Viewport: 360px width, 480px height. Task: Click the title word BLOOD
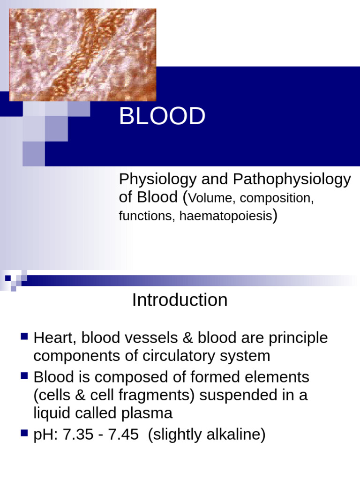point(162,117)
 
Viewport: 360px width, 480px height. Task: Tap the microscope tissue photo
point(82,54)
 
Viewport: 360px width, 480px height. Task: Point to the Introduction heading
point(180,300)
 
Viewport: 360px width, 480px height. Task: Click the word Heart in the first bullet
point(52,338)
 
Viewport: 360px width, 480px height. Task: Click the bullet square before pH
point(25,434)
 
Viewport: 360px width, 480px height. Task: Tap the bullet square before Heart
point(25,337)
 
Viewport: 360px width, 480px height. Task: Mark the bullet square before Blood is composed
point(25,375)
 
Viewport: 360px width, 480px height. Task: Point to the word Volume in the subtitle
point(211,198)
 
